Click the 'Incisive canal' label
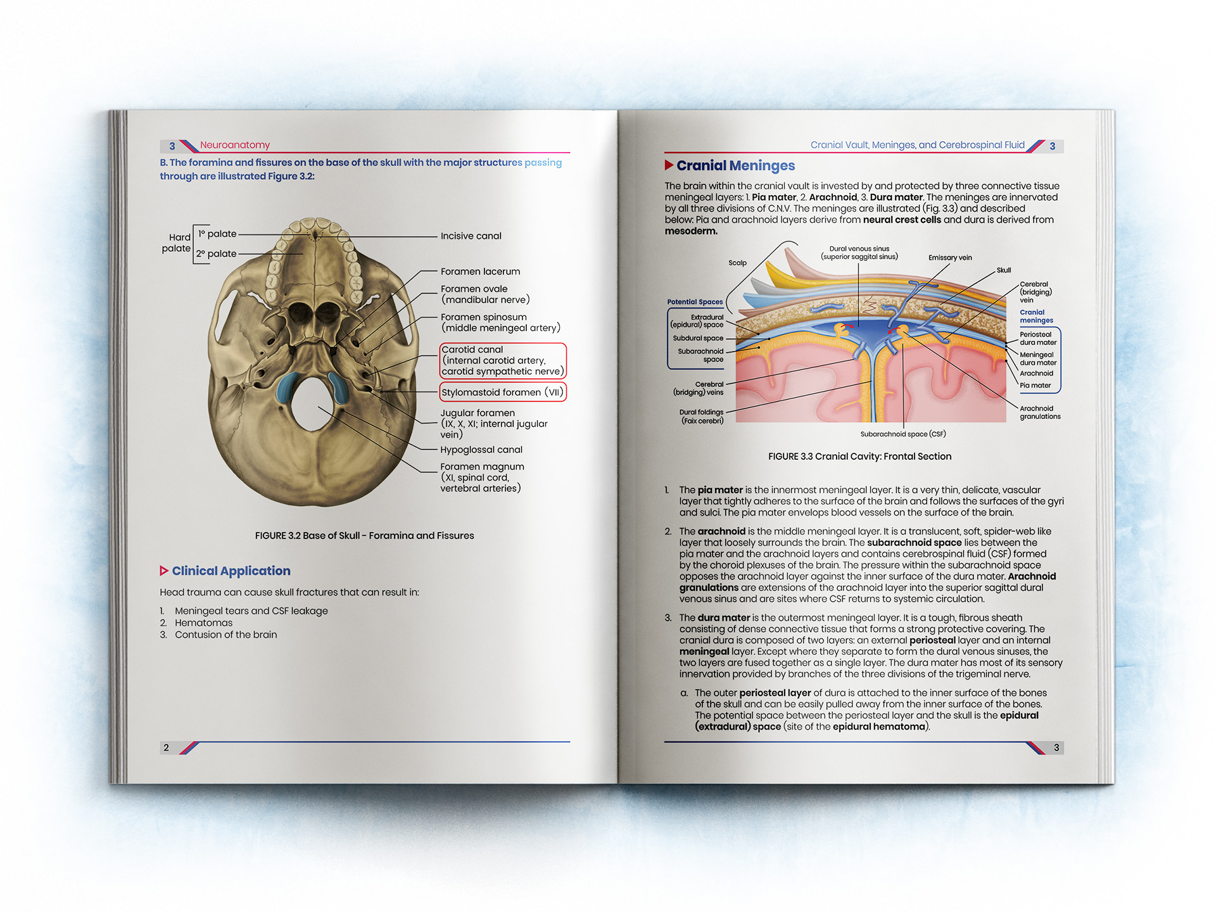[471, 236]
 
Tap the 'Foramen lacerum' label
[480, 272]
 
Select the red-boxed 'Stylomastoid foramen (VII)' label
[502, 393]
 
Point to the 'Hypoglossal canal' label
[481, 450]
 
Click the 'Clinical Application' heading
[231, 571]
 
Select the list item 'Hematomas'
[203, 623]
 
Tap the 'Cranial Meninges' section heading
[735, 166]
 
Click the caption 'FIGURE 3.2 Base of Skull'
[364, 536]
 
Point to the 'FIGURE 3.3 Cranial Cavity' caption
[859, 457]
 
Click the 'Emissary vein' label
[950, 258]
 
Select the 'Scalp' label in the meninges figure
[737, 263]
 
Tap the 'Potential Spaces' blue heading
[695, 302]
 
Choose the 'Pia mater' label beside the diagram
[1035, 386]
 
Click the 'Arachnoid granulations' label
[1040, 412]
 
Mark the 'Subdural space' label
[698, 338]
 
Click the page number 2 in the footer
[166, 748]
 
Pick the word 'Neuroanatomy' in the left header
[235, 145]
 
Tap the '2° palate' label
[216, 254]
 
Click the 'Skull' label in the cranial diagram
[1004, 270]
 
